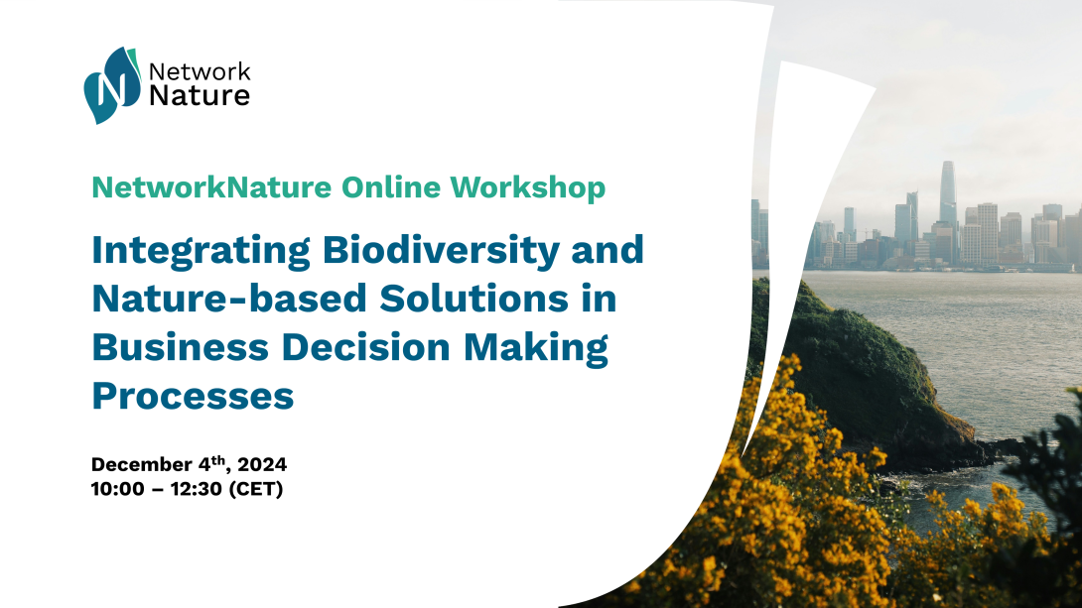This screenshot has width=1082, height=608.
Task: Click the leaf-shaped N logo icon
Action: point(112,85)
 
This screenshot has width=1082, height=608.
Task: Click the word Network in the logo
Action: point(201,71)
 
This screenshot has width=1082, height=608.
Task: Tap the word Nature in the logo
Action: point(200,96)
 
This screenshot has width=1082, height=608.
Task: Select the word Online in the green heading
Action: point(390,187)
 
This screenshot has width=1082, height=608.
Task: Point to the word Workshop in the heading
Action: point(528,188)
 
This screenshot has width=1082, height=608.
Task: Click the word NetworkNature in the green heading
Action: point(211,187)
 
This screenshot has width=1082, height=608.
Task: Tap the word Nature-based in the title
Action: point(229,299)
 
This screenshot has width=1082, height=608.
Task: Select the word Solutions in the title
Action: point(474,299)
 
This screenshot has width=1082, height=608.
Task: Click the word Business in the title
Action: point(180,347)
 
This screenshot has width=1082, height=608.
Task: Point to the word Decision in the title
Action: point(366,347)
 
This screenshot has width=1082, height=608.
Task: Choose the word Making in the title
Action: point(536,348)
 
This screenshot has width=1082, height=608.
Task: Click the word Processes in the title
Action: point(194,396)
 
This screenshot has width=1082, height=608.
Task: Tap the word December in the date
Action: point(142,464)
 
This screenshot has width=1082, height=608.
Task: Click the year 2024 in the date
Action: point(262,464)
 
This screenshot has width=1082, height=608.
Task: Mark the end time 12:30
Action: point(197,489)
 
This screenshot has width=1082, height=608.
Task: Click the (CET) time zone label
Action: point(256,489)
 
